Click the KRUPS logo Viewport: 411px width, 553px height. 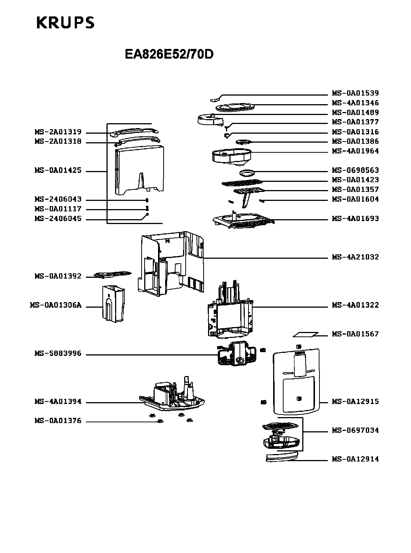[x=65, y=23]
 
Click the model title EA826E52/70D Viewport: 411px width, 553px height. [x=169, y=55]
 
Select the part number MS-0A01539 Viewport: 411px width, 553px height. [x=355, y=93]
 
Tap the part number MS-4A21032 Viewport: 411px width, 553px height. [x=355, y=257]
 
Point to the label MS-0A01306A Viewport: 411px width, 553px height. [x=55, y=305]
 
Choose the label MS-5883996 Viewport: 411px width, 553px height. [x=58, y=354]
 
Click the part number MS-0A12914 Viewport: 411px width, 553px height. [x=355, y=459]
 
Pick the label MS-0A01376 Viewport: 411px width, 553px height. [x=58, y=421]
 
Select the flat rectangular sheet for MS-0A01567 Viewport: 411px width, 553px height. [x=305, y=335]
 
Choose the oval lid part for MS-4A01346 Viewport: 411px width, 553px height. [x=235, y=108]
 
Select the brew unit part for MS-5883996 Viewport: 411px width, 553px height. [x=236, y=354]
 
